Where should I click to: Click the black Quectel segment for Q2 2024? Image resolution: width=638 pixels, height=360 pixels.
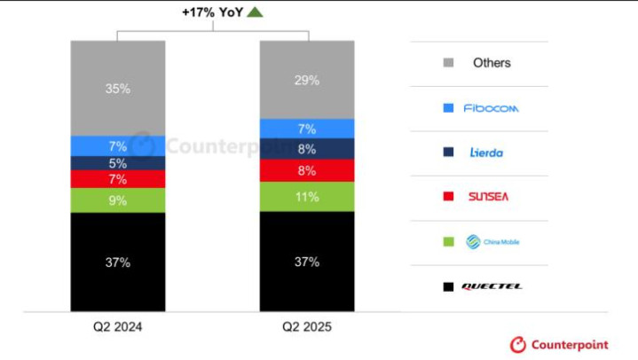click(118, 262)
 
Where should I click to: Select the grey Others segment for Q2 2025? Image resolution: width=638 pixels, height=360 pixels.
click(306, 80)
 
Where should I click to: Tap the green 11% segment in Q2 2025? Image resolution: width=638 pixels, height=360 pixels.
click(306, 197)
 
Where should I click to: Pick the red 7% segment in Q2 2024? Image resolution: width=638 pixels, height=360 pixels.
click(118, 179)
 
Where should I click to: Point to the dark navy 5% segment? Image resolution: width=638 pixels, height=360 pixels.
click(118, 163)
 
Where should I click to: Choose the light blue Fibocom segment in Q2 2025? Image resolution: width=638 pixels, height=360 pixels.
click(306, 129)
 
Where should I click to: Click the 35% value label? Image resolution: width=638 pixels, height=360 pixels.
click(118, 89)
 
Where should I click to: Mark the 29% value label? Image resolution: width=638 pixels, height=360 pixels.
click(306, 81)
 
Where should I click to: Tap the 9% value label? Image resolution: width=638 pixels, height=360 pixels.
click(118, 200)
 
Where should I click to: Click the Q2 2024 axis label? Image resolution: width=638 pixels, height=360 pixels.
click(118, 326)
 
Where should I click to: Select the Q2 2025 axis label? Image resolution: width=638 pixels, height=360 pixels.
click(306, 326)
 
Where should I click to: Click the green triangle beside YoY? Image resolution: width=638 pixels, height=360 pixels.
click(256, 12)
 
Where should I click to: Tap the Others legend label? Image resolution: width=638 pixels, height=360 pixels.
click(492, 63)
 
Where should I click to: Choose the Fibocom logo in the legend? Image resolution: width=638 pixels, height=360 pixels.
click(492, 108)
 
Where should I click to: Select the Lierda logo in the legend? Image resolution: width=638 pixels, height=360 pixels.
click(486, 153)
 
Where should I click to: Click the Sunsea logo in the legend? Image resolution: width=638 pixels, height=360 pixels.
click(489, 196)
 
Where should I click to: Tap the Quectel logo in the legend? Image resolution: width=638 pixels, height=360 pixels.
click(492, 286)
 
